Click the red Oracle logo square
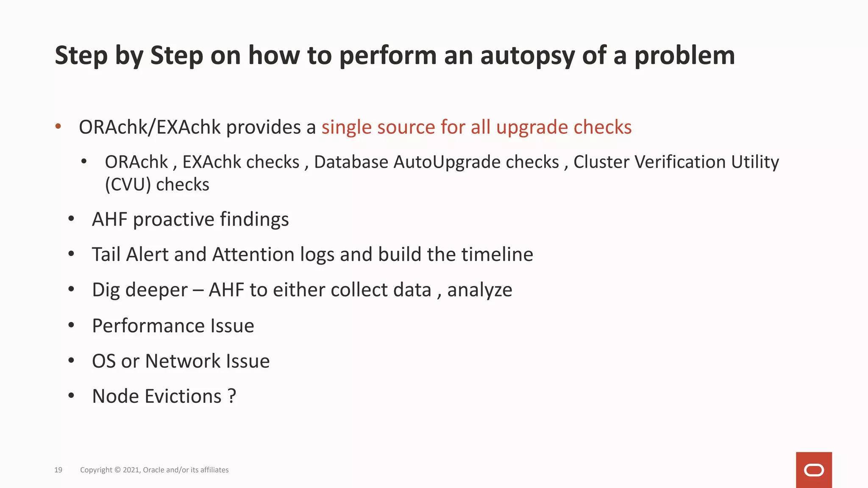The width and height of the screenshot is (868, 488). [814, 470]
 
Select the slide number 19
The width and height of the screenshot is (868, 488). [58, 470]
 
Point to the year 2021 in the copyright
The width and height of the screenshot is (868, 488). [131, 470]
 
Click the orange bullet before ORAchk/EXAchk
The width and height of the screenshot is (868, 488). [58, 126]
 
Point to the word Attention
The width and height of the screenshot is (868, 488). [253, 255]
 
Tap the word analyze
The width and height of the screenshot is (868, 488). [479, 290]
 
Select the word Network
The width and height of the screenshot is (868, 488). [183, 361]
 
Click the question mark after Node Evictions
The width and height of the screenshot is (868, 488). [231, 396]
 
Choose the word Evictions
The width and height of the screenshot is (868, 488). [183, 396]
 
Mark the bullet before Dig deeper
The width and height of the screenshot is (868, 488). [71, 289]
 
